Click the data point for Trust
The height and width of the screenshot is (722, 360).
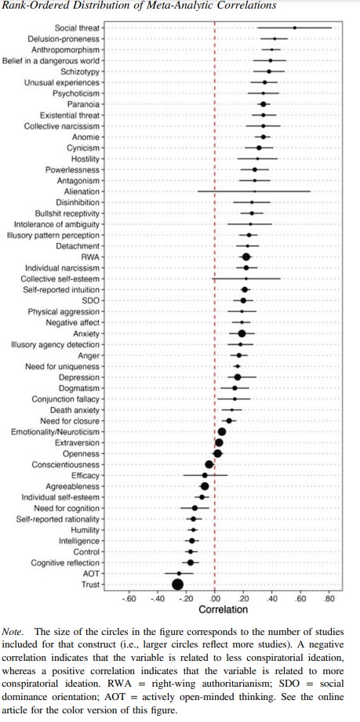(x=177, y=584)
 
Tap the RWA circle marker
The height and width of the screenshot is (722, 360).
(x=246, y=257)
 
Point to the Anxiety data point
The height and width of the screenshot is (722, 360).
(x=242, y=333)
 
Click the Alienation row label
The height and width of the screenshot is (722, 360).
(x=83, y=191)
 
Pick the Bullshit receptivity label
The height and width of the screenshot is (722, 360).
(x=67, y=213)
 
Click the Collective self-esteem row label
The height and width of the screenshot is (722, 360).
(x=60, y=278)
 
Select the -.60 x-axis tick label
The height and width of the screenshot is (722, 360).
(x=128, y=599)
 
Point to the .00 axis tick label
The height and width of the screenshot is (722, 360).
(x=214, y=599)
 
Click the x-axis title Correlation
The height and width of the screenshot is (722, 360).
(x=223, y=610)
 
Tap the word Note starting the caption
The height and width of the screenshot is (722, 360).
(x=13, y=631)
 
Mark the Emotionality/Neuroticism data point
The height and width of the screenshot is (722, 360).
(x=222, y=431)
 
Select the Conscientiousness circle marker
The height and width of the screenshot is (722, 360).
(x=209, y=464)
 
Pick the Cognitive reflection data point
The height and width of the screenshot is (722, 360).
(x=191, y=563)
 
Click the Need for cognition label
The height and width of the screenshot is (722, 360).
(x=67, y=508)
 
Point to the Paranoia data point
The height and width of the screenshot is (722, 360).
(x=264, y=104)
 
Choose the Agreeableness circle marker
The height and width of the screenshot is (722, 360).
(x=205, y=486)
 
